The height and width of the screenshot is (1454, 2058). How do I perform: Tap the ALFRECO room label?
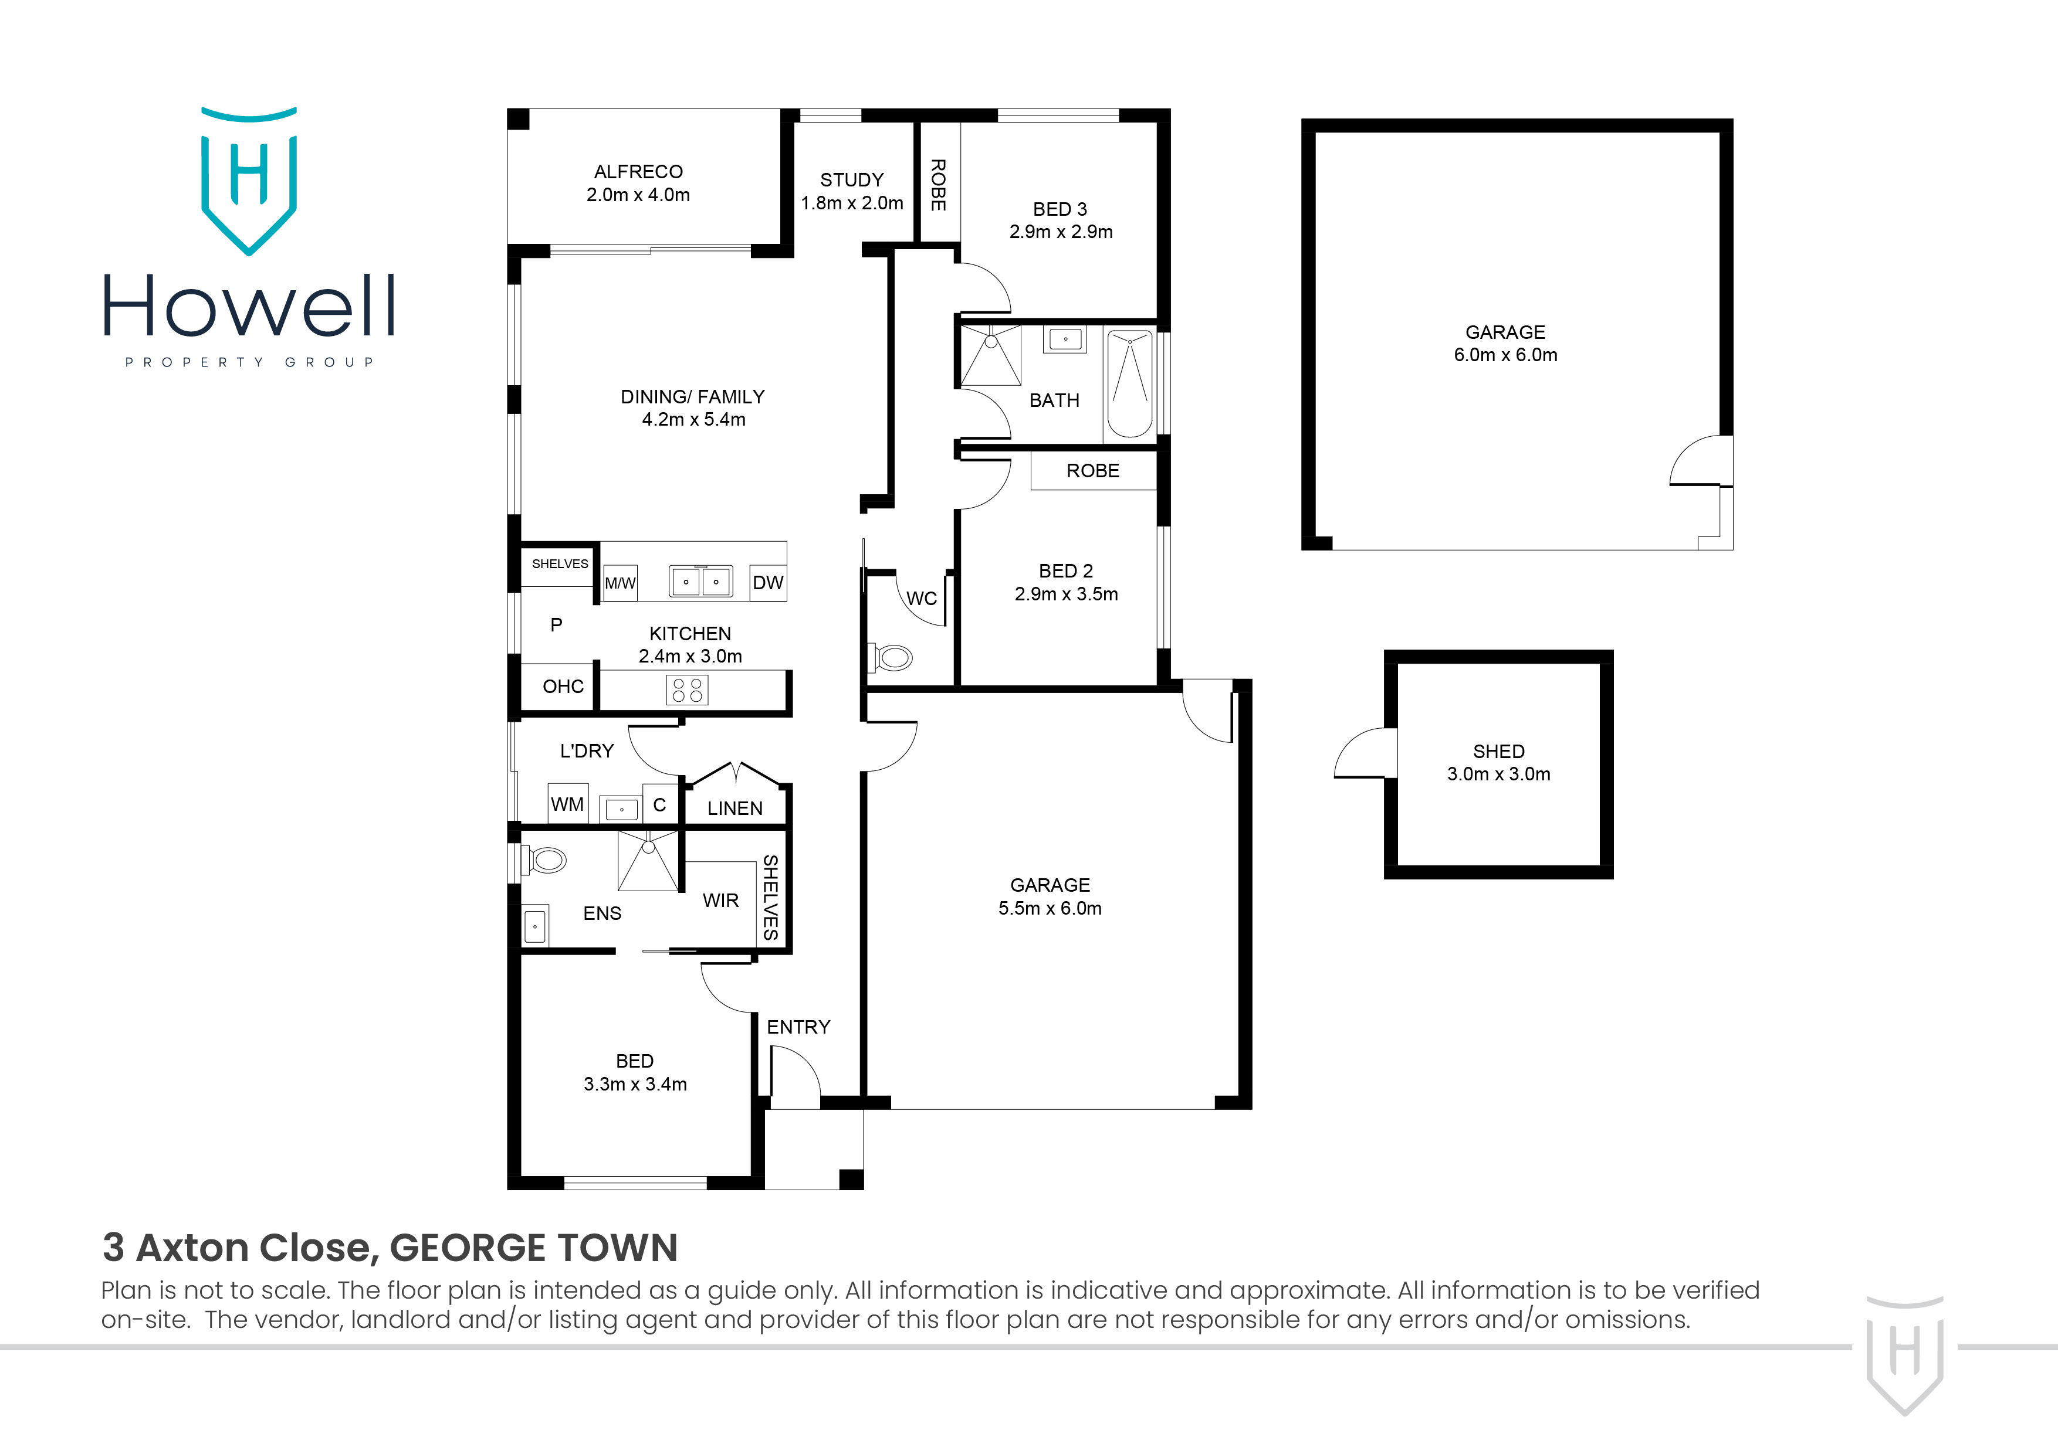(x=638, y=172)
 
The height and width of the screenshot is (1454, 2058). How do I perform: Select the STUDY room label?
(x=851, y=180)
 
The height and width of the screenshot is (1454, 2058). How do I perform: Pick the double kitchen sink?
(x=701, y=582)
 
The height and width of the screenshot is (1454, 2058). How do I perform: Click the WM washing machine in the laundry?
(x=567, y=804)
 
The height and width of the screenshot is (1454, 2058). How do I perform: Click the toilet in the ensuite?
(x=546, y=861)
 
